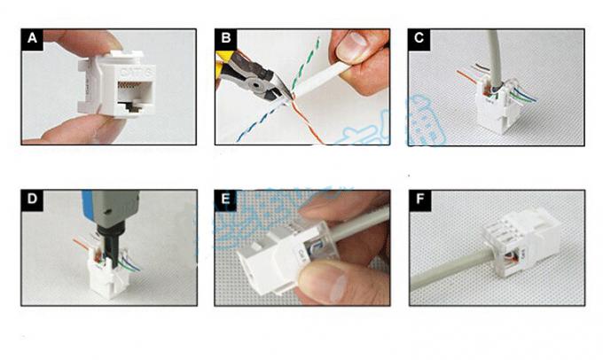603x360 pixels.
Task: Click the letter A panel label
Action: click(x=34, y=39)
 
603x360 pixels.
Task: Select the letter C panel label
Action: click(x=419, y=39)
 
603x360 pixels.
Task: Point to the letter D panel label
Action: click(x=34, y=200)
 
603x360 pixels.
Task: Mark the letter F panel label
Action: click(x=419, y=200)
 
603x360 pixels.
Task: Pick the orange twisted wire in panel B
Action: click(x=306, y=124)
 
